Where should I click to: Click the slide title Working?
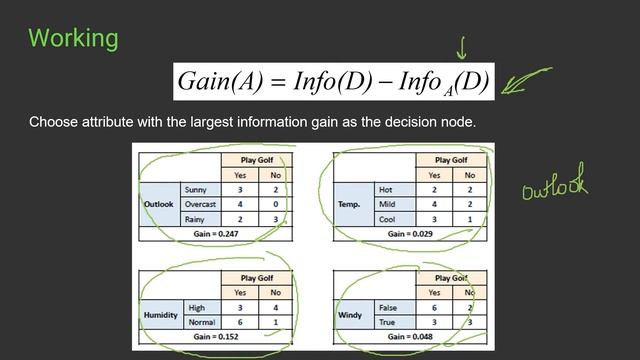pyautogui.click(x=73, y=39)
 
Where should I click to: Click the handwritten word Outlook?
pyautogui.click(x=553, y=184)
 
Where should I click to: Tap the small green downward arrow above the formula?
pyautogui.click(x=462, y=48)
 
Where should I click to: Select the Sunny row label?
pyautogui.click(x=196, y=188)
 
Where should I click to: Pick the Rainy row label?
pyautogui.click(x=196, y=218)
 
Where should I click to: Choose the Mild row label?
pyautogui.click(x=386, y=203)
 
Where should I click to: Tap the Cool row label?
pyautogui.click(x=386, y=218)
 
